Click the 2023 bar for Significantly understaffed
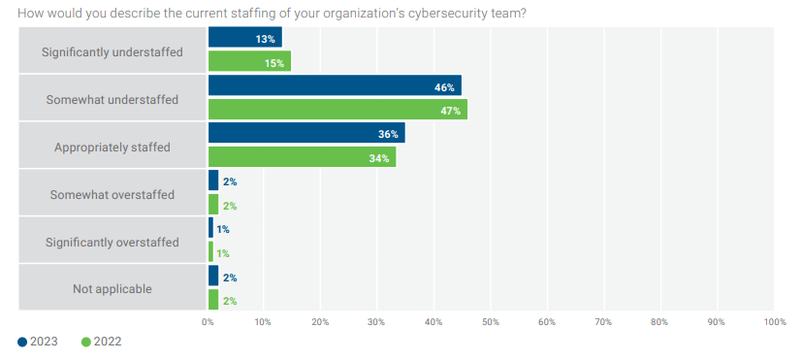(x=244, y=38)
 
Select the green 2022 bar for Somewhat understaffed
(x=337, y=110)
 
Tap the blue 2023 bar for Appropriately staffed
(x=306, y=133)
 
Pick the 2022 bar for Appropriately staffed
(x=302, y=157)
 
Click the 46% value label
(x=444, y=87)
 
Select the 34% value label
(x=379, y=158)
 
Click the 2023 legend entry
(x=38, y=342)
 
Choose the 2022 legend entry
(x=102, y=342)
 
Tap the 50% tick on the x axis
(x=490, y=322)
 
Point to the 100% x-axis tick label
(x=774, y=322)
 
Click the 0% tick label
(x=208, y=322)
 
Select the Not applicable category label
(x=112, y=289)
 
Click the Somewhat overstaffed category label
(x=112, y=195)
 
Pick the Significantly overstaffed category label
(x=112, y=242)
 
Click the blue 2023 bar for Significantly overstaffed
(x=210, y=227)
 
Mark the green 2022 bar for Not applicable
(x=213, y=300)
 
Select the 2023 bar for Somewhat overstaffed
(x=213, y=180)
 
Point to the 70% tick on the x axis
(x=604, y=322)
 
